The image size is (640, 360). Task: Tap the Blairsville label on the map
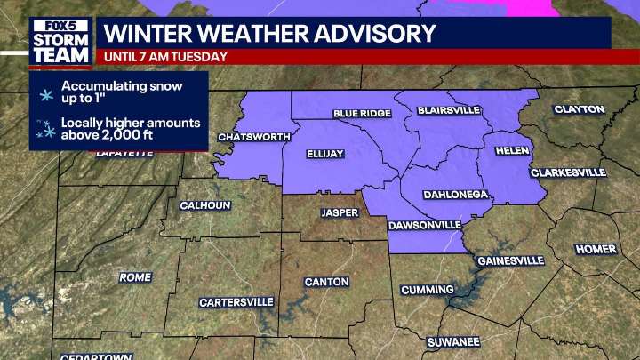[449, 110]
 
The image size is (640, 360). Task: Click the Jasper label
[340, 213]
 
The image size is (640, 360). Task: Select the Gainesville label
[510, 260]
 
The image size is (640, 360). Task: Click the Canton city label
[320, 282]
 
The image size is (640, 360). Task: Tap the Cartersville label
[236, 302]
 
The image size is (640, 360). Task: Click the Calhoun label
[205, 205]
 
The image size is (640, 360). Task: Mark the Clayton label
[580, 109]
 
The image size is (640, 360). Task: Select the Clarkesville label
[568, 172]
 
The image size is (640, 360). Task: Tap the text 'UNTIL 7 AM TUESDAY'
[165, 57]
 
